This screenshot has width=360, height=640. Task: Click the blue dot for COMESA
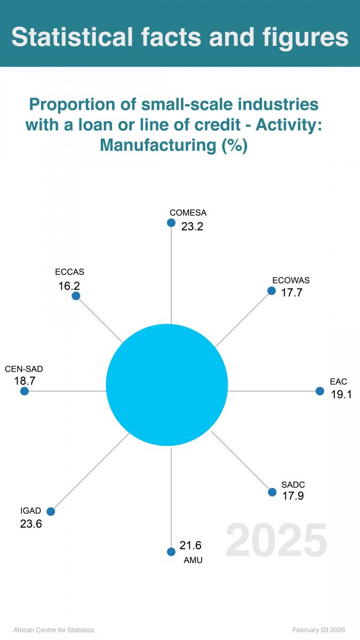point(171,222)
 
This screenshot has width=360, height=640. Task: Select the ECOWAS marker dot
point(271,291)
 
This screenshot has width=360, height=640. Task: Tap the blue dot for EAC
point(319,391)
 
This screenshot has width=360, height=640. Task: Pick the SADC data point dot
point(271,492)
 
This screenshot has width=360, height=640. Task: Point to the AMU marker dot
point(171,552)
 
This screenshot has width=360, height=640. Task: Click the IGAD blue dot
point(51,511)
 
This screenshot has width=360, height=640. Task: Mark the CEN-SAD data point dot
point(24,391)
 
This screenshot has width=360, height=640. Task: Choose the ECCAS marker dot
point(76,295)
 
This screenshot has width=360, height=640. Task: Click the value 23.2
point(192,226)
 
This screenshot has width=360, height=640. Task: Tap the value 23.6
point(31,524)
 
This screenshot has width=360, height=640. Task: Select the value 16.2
point(69,286)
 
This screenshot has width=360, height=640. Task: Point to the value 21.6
point(190,545)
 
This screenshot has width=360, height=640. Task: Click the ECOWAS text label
point(291,281)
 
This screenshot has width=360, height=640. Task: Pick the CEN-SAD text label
point(24,369)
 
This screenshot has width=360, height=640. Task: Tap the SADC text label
point(293,485)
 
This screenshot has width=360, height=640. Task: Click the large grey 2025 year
point(276,541)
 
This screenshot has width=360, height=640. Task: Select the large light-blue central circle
point(167,385)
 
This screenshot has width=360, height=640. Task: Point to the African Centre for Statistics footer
point(53,630)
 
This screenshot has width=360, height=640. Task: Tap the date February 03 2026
point(319,630)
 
